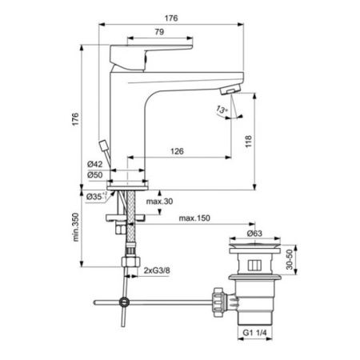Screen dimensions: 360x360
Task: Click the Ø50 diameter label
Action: pyautogui.click(x=95, y=174)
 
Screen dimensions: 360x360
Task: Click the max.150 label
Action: pyautogui.click(x=194, y=217)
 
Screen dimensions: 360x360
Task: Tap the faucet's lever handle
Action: pyautogui.click(x=148, y=52)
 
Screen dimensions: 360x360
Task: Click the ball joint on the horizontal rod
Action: pyautogui.click(x=122, y=302)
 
